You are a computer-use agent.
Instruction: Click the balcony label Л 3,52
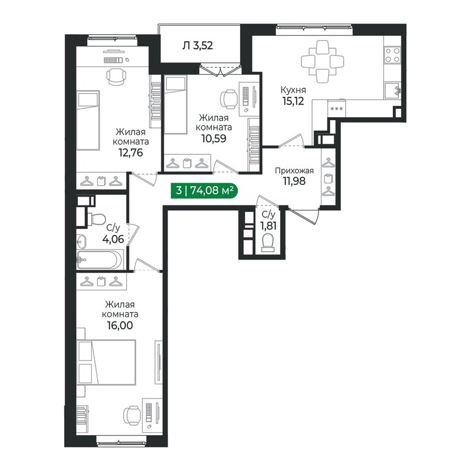pos(198,44)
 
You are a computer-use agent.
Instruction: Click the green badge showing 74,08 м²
pos(204,190)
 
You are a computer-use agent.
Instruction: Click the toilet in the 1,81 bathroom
pos(268,241)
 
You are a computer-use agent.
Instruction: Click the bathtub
pos(99,258)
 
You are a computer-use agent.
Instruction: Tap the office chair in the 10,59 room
pos(230,98)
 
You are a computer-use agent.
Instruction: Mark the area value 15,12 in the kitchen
pos(293,101)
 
